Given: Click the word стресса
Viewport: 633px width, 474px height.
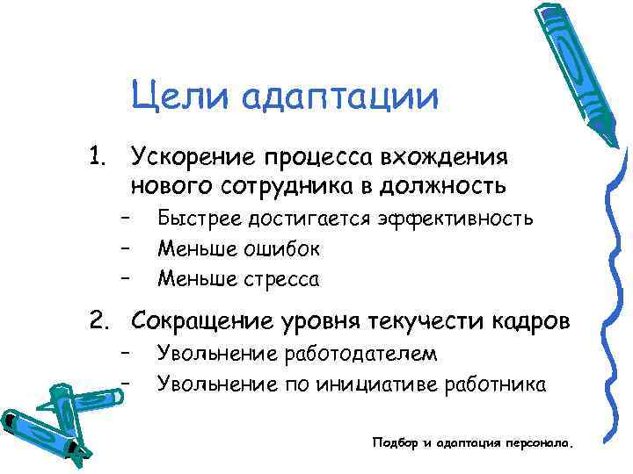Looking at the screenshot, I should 279,280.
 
